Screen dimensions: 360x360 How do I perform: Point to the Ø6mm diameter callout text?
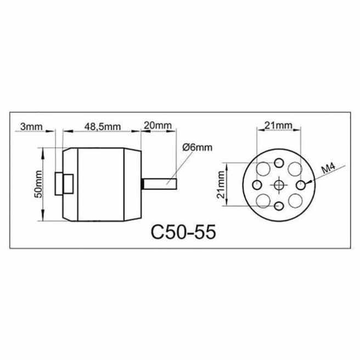click(196, 147)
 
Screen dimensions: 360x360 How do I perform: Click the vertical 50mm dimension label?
click(38, 184)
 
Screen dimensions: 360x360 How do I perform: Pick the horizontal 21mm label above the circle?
click(278, 126)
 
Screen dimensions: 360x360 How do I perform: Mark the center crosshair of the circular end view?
click(279, 184)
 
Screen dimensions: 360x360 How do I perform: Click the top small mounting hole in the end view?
click(279, 163)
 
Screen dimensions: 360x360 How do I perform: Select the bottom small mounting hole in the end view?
click(279, 206)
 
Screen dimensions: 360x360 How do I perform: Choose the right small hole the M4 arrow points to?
click(300, 184)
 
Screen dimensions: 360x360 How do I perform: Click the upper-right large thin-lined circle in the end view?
click(294, 169)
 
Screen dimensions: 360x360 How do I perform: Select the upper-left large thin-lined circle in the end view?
click(264, 169)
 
